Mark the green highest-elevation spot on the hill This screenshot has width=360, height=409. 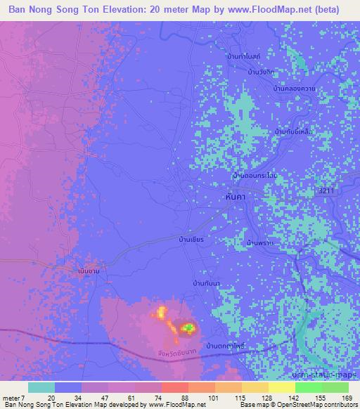188,327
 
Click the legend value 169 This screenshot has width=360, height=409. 347,398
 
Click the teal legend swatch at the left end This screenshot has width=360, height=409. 41,387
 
